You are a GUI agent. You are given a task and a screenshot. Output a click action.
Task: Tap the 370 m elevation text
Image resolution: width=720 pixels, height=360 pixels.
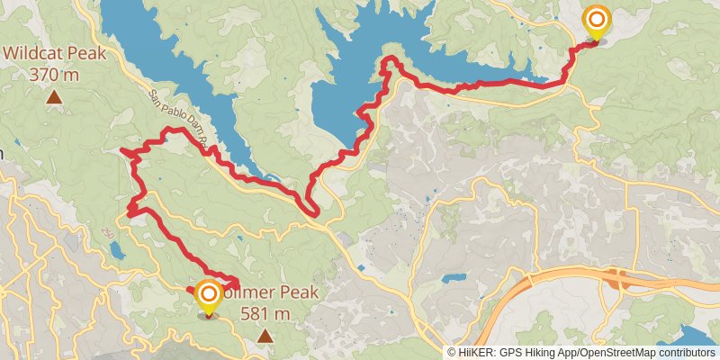(54, 74)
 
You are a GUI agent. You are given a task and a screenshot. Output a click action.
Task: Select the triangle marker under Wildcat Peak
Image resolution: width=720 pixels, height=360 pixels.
(54, 97)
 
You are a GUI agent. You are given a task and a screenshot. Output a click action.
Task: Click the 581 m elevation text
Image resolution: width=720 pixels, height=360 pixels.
(265, 313)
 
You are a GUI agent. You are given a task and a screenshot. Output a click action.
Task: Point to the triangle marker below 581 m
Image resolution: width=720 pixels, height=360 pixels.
(265, 336)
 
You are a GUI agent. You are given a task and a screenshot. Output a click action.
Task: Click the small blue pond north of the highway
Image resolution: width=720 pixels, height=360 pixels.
(454, 278)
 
